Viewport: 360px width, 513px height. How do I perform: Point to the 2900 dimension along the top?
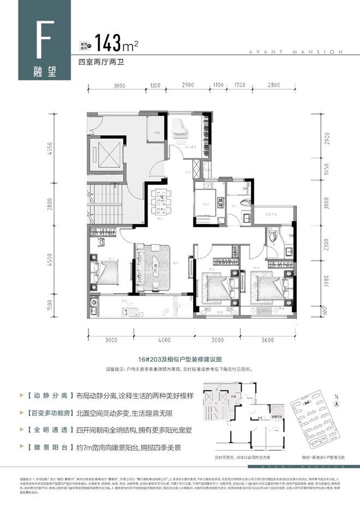pos(188,86)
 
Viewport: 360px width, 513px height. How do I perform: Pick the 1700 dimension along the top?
pos(239,86)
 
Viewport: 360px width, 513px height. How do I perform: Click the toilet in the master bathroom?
pos(273,237)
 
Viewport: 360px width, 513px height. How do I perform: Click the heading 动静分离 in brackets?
pos(41,395)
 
